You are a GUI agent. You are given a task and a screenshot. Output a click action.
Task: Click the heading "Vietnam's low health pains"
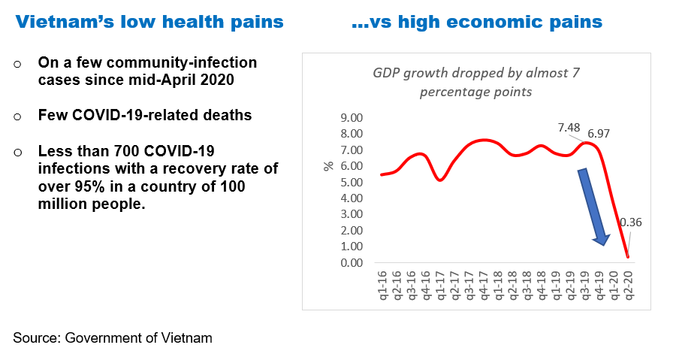150,23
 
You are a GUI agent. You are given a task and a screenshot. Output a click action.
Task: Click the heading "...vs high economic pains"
477,23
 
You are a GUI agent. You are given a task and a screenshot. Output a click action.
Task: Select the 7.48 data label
569,128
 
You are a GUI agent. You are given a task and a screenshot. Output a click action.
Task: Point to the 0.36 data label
631,222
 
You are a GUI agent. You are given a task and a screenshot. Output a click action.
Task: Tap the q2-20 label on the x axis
629,286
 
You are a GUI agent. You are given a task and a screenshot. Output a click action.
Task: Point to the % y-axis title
328,165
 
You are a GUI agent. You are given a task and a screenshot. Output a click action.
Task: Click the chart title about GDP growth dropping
476,82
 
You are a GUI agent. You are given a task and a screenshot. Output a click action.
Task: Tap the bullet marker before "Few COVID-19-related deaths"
18,117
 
